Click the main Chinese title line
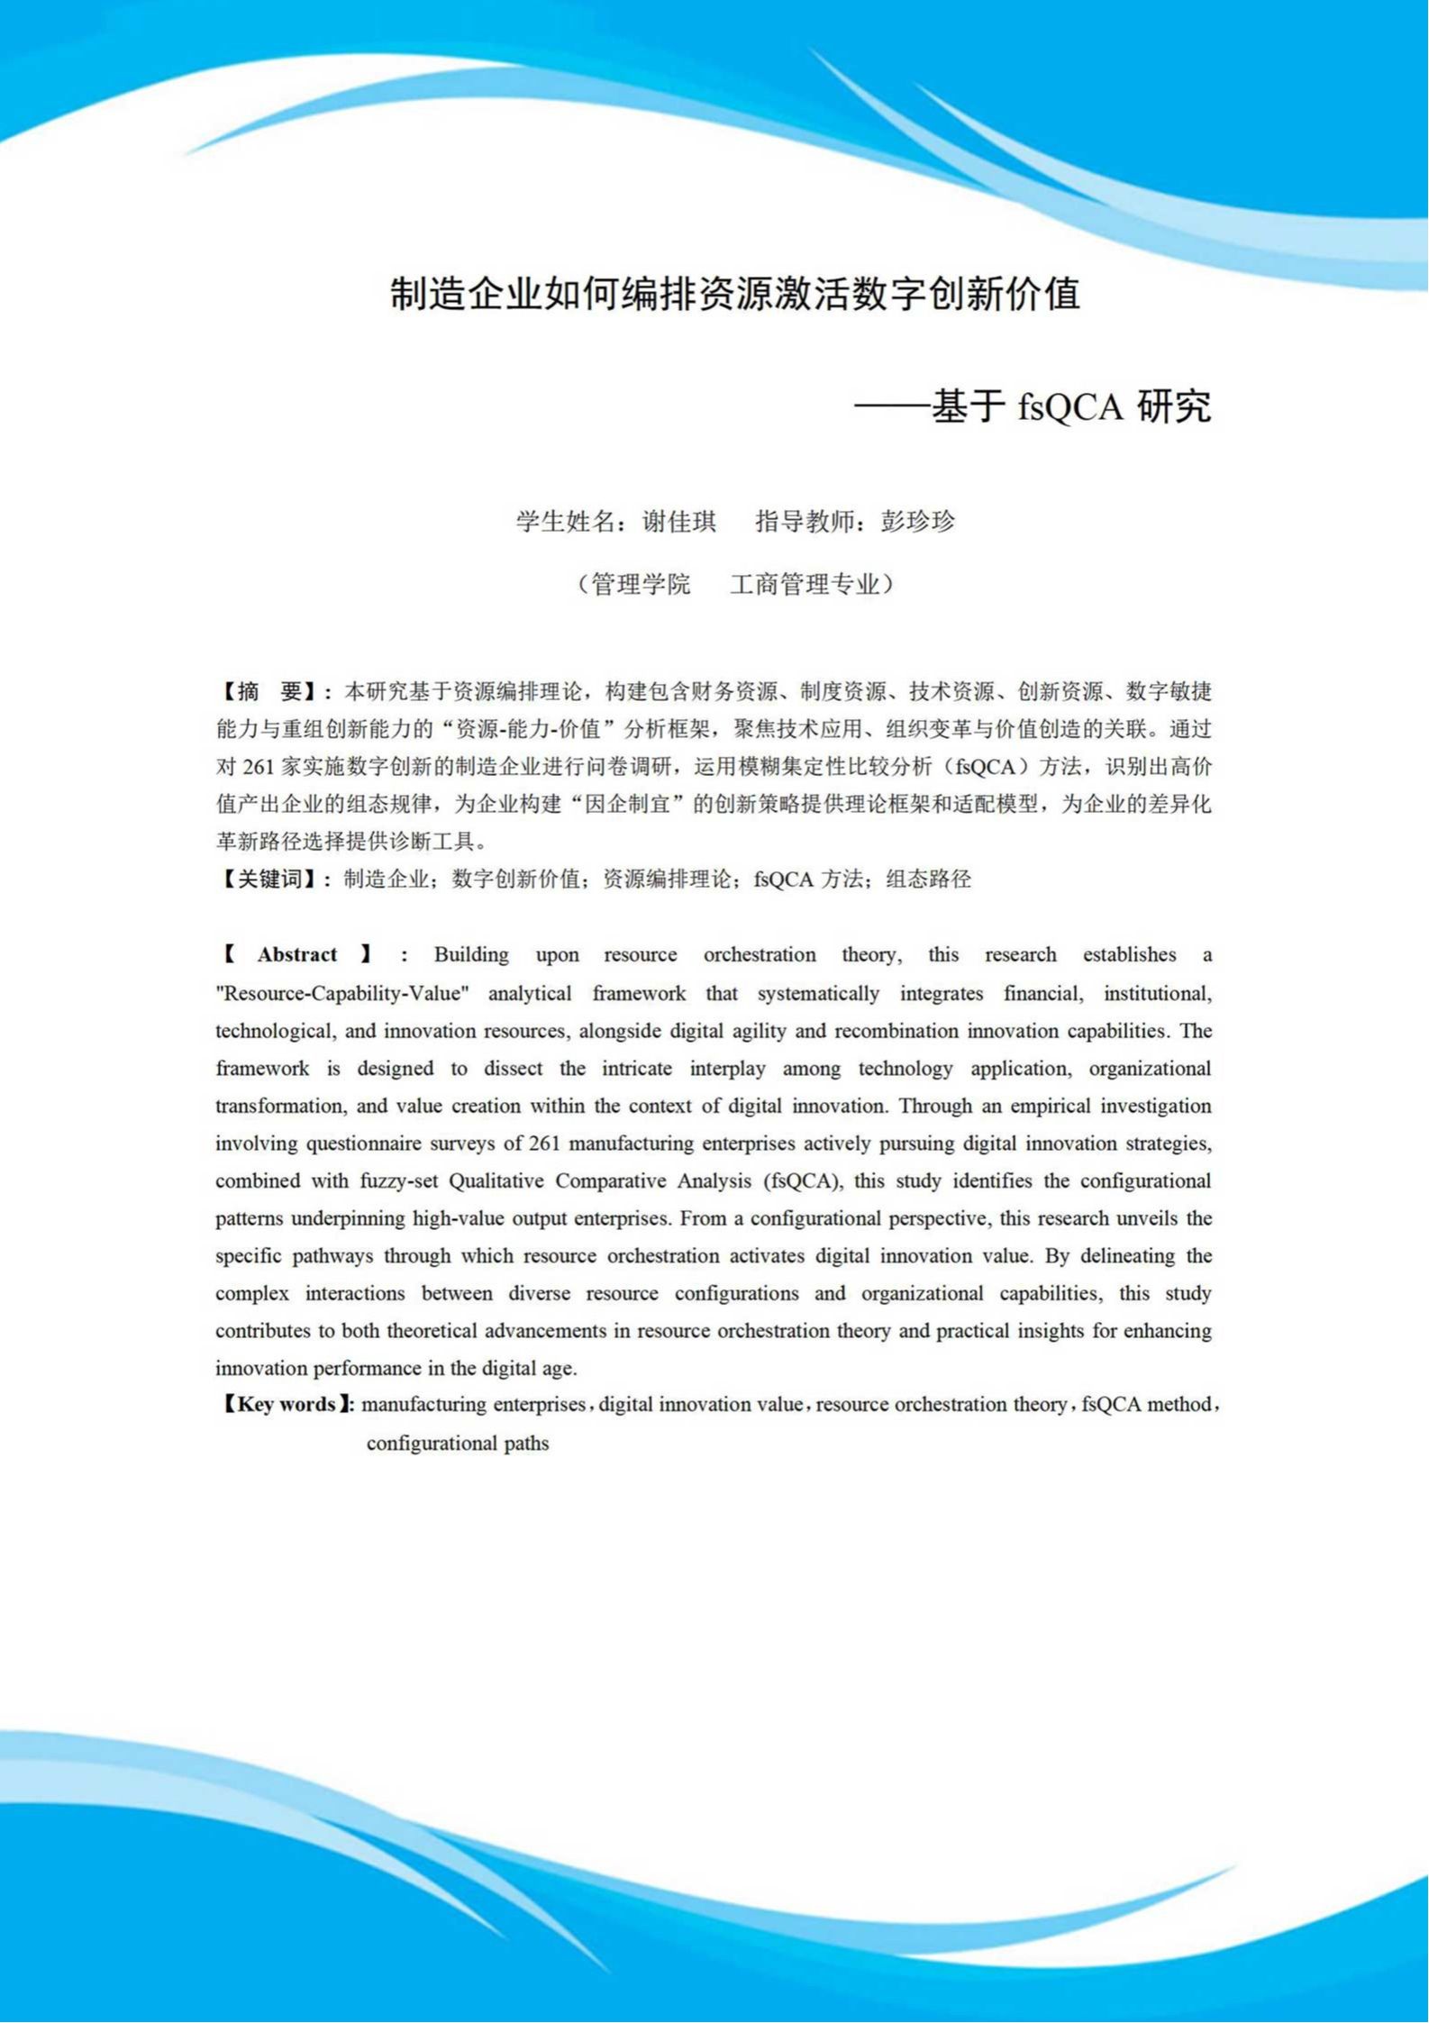point(734,295)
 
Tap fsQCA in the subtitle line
point(1070,407)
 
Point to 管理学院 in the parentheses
point(641,585)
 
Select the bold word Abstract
point(296,955)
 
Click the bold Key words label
point(287,1405)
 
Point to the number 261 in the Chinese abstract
point(259,767)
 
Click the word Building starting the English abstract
point(471,955)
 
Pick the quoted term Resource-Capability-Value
point(342,994)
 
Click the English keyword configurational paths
point(458,1444)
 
